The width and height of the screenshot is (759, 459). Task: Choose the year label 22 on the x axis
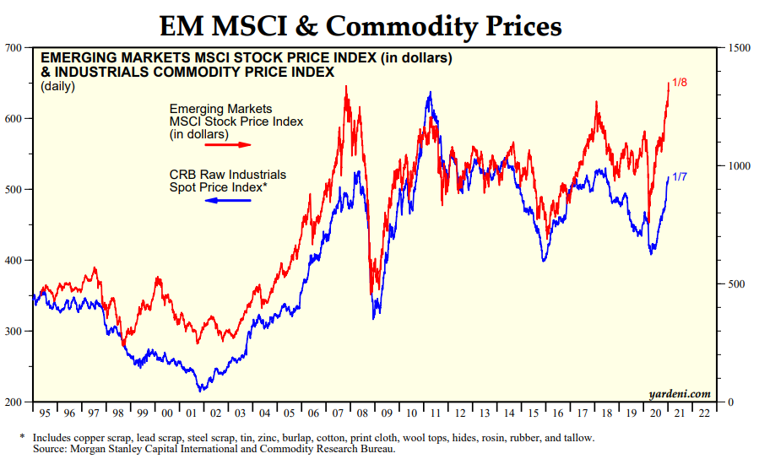pos(702,413)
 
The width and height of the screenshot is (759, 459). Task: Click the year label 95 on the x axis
pos(45,413)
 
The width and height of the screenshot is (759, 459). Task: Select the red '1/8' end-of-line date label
pos(680,82)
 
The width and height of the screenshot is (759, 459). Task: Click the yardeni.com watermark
pos(680,394)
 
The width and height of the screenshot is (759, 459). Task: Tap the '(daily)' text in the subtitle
pos(58,86)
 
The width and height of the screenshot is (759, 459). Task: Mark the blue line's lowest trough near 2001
pos(200,391)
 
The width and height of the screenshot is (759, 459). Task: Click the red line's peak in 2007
pos(346,88)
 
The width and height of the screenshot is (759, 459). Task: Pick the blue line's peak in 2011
pos(430,93)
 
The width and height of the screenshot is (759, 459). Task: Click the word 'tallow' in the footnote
pos(577,438)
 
